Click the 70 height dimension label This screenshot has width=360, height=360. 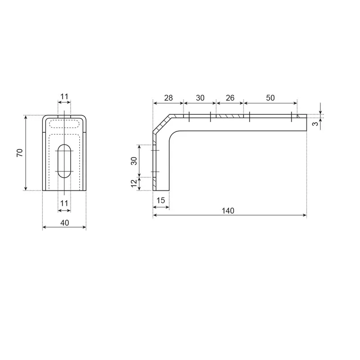click(19, 153)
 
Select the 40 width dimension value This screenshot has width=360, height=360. click(64, 222)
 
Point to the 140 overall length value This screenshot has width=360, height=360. click(229, 211)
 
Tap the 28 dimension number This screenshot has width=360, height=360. click(168, 98)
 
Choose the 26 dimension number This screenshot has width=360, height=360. click(230, 98)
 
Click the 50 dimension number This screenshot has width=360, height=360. click(270, 98)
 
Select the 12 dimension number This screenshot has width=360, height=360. click(134, 184)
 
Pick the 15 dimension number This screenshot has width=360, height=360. click(161, 200)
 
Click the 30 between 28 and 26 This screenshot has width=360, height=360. click(200, 98)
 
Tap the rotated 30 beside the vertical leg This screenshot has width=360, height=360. click(134, 161)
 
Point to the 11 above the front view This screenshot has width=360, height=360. click(64, 97)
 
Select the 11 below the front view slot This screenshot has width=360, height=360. click(64, 203)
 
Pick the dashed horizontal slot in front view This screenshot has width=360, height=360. click(64, 124)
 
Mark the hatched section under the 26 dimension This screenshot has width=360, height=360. click(229, 116)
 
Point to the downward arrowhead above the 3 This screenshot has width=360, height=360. click(320, 111)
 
